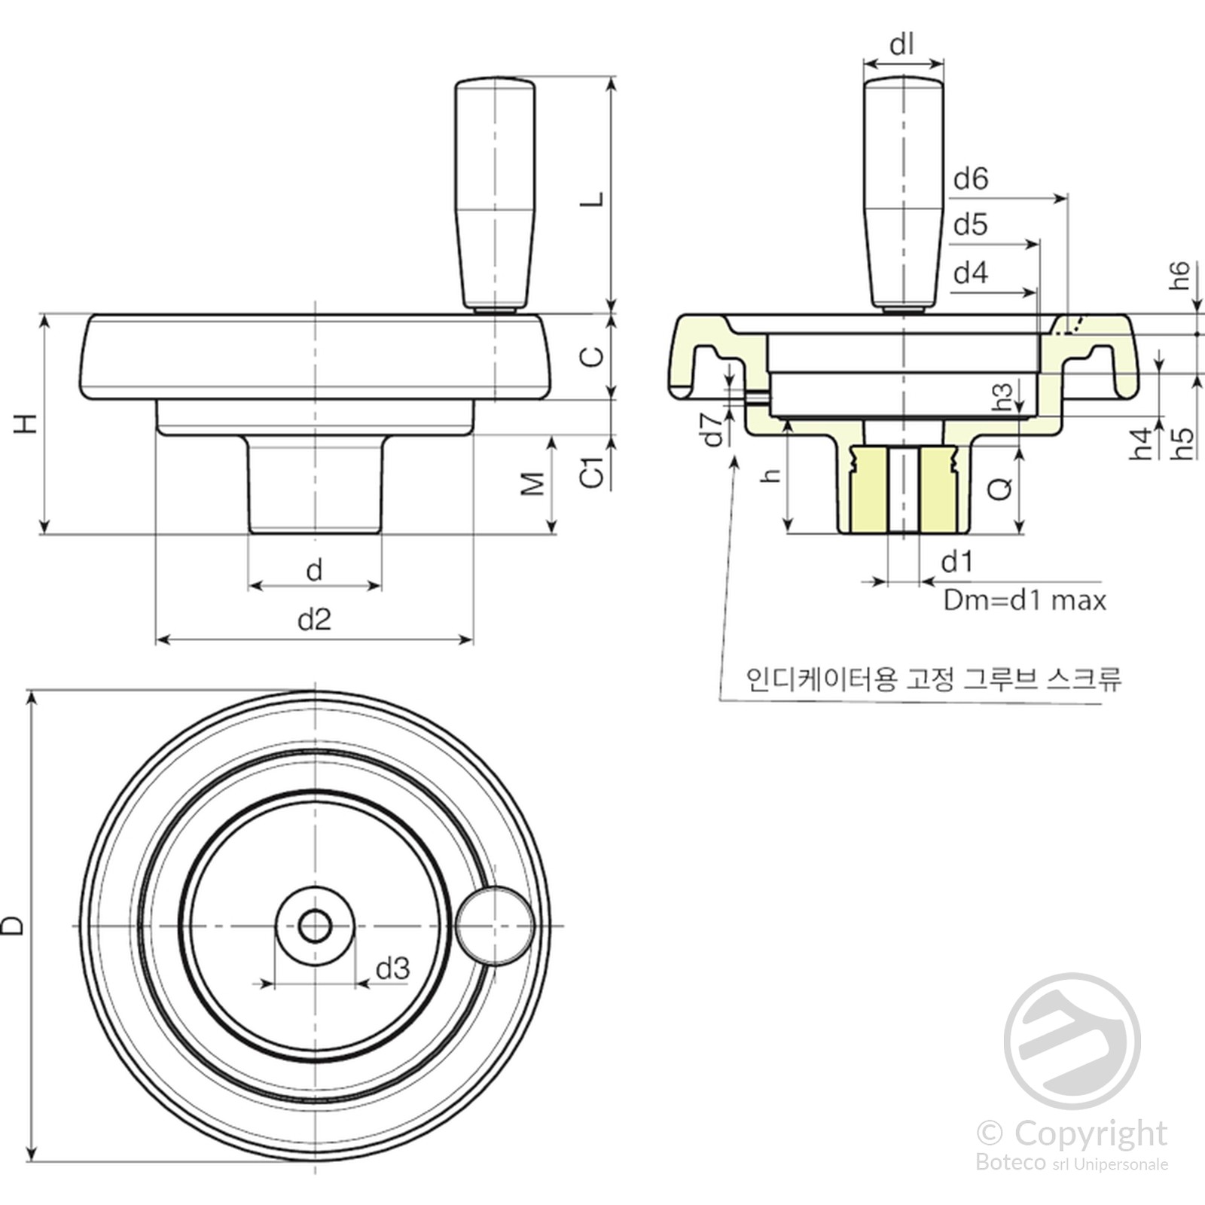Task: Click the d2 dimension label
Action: coord(314,619)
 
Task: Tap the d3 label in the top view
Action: coord(392,969)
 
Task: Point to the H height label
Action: coord(26,423)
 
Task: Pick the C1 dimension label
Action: coord(593,471)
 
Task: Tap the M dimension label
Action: coord(532,484)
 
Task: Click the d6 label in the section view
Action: coord(970,178)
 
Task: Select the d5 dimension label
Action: coord(970,224)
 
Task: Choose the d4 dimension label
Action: coord(970,272)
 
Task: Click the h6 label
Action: coord(1180,276)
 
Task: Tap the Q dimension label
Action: coord(999,490)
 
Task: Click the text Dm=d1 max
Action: coord(1025,600)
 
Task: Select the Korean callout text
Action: coord(934,679)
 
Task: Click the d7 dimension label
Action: coord(713,429)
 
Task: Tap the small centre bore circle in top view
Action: coord(315,926)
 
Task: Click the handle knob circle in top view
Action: coord(495,926)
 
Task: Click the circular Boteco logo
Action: coord(1072,1041)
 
